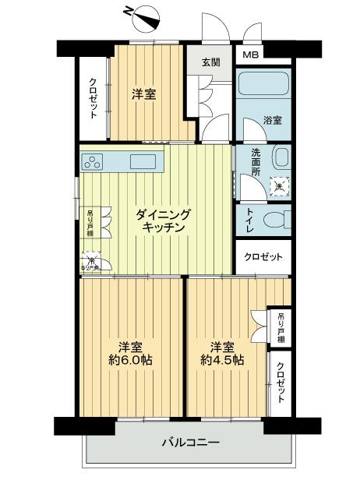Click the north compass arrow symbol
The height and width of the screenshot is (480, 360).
coord(140,13)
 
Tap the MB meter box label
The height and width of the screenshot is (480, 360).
coord(250,55)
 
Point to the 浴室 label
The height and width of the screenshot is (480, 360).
coord(273,122)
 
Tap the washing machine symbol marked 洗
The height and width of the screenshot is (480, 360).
coord(279,185)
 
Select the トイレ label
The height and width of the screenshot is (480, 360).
coord(250,221)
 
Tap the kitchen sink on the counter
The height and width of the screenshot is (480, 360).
coord(143,161)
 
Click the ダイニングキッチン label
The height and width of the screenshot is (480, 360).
coord(163,221)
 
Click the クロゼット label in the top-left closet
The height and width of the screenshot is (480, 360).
coord(93,99)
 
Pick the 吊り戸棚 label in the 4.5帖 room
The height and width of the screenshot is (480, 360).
coord(281,327)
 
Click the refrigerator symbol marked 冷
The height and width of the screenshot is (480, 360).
coord(91,262)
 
